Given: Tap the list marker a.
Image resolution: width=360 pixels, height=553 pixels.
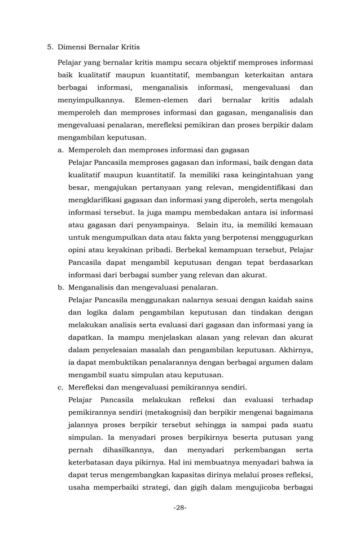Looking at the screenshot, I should (60, 150).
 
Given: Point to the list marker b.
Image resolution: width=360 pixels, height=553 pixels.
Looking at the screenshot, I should (60, 287).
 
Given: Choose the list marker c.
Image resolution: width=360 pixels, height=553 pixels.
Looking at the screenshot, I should (60, 387).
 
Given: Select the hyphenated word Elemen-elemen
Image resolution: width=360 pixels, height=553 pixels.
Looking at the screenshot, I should (161, 99).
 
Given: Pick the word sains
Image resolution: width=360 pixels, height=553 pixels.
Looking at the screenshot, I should (302, 300).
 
